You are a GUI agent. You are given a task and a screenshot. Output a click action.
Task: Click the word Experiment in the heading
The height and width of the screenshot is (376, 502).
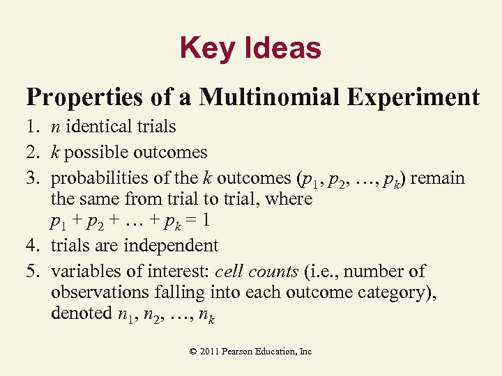417,97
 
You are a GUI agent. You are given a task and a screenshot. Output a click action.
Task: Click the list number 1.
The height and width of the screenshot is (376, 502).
32,127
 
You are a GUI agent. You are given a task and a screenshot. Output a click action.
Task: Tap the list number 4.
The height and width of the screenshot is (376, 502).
32,246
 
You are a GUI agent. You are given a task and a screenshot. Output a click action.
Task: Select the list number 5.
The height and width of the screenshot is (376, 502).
32,271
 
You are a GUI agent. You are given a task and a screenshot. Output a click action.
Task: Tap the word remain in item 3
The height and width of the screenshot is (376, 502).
439,178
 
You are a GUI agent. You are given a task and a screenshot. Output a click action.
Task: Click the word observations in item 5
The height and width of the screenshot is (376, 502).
97,292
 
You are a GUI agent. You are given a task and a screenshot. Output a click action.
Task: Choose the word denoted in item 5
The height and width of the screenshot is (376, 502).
79,314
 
